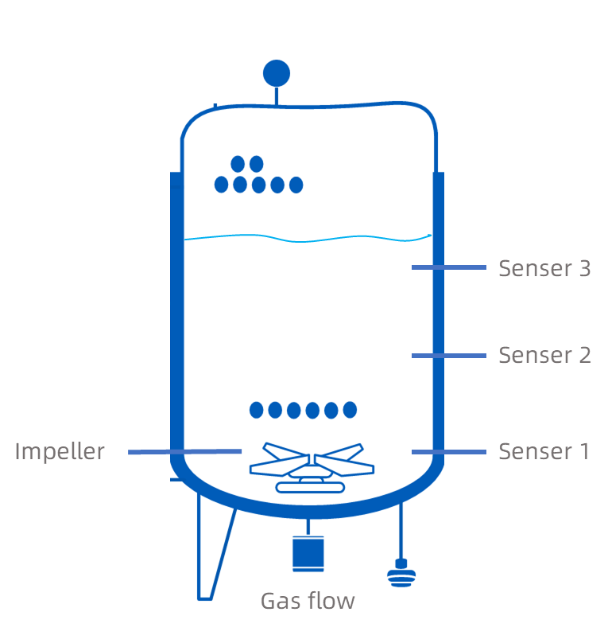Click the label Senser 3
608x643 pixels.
[544, 269]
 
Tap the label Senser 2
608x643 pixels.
[544, 355]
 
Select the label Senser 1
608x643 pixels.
[544, 452]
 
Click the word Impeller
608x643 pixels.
[60, 452]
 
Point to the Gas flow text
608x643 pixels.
[308, 601]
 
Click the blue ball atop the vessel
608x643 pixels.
[277, 73]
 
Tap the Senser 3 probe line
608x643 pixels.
[448, 268]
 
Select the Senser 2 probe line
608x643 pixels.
[448, 356]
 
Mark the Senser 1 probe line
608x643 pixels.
[448, 452]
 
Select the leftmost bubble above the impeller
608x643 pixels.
[256, 411]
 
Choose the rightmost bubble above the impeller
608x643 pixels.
[350, 411]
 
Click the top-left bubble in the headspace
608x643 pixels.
[238, 164]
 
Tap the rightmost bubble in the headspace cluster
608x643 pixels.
[296, 185]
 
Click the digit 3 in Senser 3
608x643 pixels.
[584, 269]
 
